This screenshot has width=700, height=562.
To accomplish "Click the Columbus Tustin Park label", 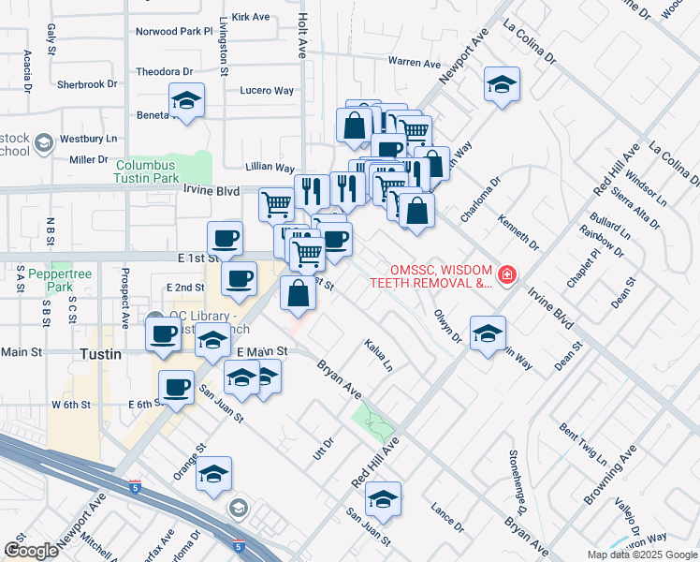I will [x=147, y=170].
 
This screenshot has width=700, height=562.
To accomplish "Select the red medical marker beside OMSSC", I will [x=506, y=274].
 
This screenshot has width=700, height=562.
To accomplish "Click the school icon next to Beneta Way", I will [x=186, y=100].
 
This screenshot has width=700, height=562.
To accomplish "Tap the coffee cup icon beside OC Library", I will [x=164, y=333].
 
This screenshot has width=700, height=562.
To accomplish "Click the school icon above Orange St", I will [x=213, y=474].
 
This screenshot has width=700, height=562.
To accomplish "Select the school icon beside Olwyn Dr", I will [x=487, y=333].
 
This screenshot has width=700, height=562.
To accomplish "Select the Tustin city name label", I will [x=95, y=355].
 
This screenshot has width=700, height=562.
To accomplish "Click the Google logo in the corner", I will [x=31, y=551].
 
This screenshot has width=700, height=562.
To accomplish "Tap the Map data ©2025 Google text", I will [x=641, y=555].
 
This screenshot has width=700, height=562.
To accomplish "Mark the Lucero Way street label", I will [x=267, y=91].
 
